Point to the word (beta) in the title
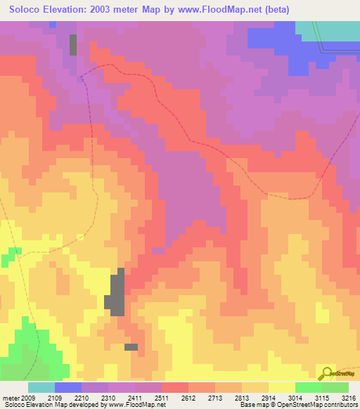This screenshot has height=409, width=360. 274,9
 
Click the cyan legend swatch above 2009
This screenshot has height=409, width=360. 41,387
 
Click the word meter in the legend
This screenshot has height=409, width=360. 11,397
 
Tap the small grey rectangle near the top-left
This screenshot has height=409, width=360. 73,44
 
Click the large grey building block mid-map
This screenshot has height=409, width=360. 116,292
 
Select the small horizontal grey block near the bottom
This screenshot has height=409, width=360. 131,346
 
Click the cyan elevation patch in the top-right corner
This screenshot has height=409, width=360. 328,32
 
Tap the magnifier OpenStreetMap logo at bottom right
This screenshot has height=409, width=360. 328,374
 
